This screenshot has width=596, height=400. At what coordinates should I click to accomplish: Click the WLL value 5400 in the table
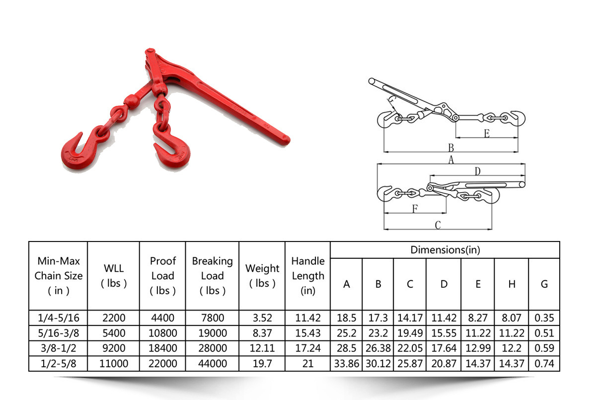click(x=114, y=333)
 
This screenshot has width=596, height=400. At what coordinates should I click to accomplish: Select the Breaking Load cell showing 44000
click(x=213, y=363)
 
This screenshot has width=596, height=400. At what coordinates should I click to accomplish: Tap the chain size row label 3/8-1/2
click(x=58, y=348)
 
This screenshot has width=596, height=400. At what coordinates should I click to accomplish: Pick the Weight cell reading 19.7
click(x=262, y=363)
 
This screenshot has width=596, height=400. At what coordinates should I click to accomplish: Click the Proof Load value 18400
click(x=162, y=348)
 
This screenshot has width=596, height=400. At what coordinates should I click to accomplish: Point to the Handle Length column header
click(x=308, y=276)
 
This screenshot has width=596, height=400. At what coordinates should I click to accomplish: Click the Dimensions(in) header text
click(x=445, y=250)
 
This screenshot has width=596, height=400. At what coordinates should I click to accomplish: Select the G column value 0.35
click(x=544, y=318)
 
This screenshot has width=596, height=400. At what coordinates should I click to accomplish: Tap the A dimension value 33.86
click(x=347, y=363)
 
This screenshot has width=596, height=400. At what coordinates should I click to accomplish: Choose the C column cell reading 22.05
click(x=410, y=348)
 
